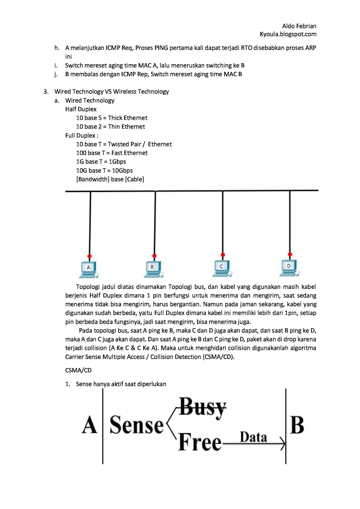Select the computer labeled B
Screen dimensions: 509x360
tap(153, 268)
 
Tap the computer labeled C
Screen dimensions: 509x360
tap(222, 268)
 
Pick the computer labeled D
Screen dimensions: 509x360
tap(289, 267)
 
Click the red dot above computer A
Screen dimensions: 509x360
tap(89, 256)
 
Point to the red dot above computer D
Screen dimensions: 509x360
tap(290, 254)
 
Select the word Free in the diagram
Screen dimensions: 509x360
tap(200, 442)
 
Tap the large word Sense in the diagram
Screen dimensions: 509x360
tap(137, 425)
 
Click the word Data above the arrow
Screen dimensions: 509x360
tap(253, 437)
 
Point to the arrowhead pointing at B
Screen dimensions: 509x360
tap(282, 443)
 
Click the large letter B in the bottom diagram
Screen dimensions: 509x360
tap(297, 425)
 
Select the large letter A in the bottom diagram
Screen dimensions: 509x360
tap(89, 425)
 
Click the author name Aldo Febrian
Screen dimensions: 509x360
tap(299, 26)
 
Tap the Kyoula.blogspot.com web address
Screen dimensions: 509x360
tap(288, 34)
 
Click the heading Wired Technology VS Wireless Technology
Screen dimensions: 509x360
tap(111, 92)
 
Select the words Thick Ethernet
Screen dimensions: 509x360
tap(128, 118)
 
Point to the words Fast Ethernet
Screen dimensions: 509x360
tap(129, 153)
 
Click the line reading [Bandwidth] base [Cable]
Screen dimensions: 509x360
tap(110, 179)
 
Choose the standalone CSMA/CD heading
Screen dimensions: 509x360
tap(78, 370)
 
